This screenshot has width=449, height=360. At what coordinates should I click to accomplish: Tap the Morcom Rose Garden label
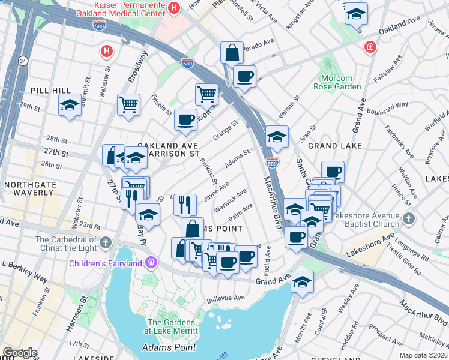click(x=340, y=82)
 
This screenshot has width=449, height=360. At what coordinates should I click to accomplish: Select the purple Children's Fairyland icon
click(x=149, y=263)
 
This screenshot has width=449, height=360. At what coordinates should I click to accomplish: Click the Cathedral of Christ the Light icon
click(x=106, y=242)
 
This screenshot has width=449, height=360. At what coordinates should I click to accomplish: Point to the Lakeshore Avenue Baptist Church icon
click(x=409, y=218)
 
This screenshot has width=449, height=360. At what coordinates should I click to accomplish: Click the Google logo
click(x=20, y=353)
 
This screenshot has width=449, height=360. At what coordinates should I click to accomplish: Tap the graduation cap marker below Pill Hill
click(x=70, y=106)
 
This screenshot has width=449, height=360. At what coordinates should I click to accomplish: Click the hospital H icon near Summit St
click(x=106, y=51)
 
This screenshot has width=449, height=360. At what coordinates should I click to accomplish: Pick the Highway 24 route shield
click(x=23, y=61)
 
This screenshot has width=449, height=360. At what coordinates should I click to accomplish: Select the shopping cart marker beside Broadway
click(x=128, y=104)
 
